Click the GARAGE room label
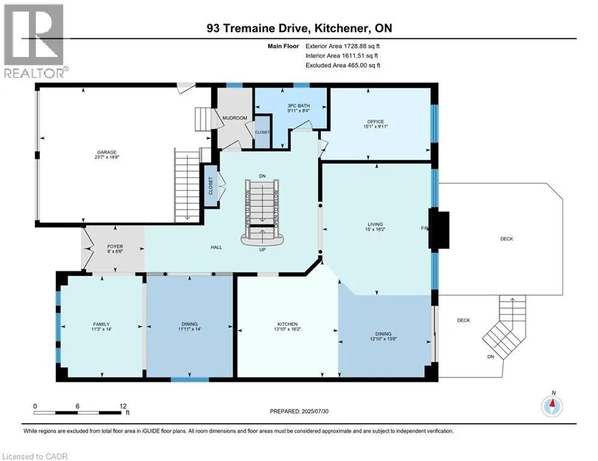(107, 152)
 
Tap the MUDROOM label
(234, 118)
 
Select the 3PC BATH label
(299, 106)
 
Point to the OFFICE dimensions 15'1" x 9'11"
(376, 127)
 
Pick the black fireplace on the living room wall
(439, 229)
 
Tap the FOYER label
(115, 247)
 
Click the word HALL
(216, 247)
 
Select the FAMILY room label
(102, 324)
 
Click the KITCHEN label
(287, 324)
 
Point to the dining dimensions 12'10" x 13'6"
(383, 339)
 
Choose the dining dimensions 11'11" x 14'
(189, 329)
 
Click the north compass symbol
(552, 406)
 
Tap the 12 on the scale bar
(123, 406)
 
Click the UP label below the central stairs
(263, 250)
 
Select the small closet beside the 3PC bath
(263, 131)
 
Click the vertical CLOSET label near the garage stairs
(211, 185)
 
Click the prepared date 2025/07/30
(315, 411)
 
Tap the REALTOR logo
(34, 41)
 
